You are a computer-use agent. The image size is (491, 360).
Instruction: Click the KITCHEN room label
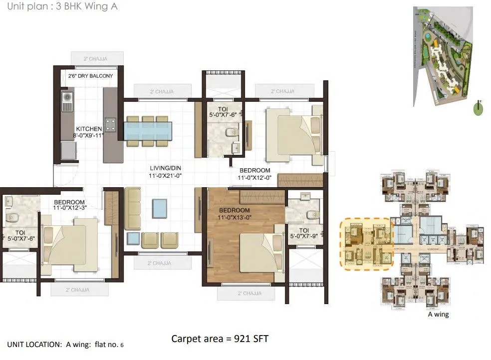(89, 129)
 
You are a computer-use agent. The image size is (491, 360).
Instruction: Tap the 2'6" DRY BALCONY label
(90, 76)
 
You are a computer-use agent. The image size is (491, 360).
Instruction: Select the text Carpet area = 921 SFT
(220, 339)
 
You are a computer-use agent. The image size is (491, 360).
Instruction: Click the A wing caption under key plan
(438, 315)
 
